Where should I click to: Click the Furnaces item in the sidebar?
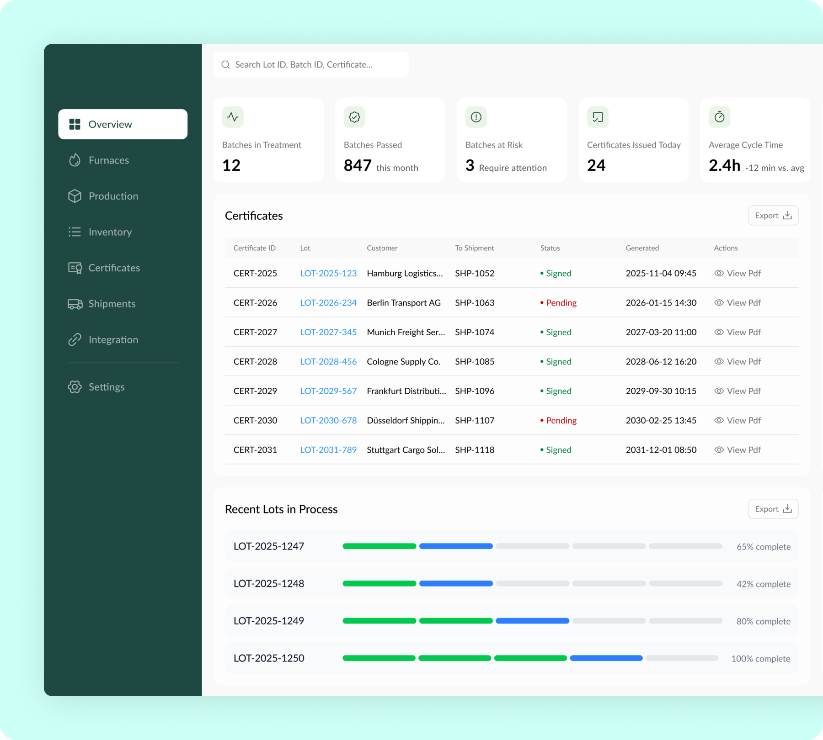click(108, 160)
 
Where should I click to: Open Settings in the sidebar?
click(106, 387)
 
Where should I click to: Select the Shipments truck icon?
click(75, 304)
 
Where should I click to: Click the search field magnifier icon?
click(225, 65)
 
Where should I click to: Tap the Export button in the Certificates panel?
click(773, 216)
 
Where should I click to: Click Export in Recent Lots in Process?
click(773, 509)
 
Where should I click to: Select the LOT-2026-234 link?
click(328, 303)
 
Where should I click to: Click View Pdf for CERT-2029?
click(737, 391)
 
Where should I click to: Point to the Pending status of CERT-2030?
click(561, 420)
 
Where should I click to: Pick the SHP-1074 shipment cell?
click(475, 332)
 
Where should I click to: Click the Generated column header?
click(642, 248)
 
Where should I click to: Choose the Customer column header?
click(382, 248)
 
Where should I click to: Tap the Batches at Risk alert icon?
click(476, 117)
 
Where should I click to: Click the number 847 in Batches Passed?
click(358, 165)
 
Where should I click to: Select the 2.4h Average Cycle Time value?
click(724, 165)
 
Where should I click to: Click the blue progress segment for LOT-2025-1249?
click(532, 621)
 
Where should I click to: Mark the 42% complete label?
click(763, 584)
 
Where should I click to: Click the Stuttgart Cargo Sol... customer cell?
click(406, 450)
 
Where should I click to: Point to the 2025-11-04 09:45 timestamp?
click(661, 273)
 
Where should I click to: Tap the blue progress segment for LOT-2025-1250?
click(606, 658)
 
